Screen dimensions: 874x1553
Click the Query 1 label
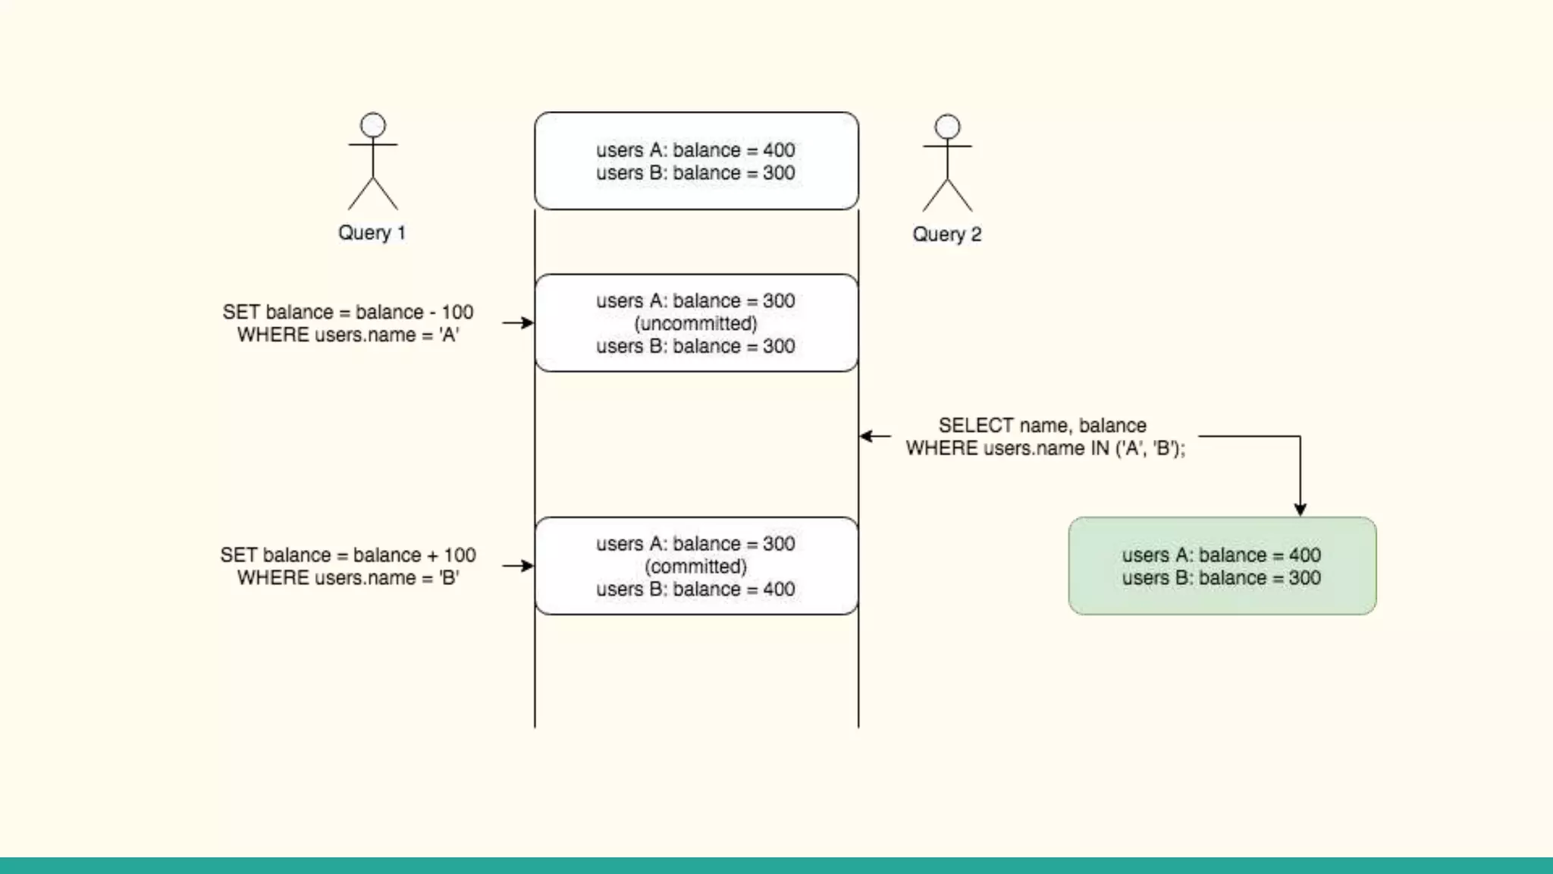pos(372,233)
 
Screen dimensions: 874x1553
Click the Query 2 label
pos(946,234)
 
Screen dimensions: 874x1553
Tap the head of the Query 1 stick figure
pos(372,125)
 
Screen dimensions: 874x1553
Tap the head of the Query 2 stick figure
pos(947,127)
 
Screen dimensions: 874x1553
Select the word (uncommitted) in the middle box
pos(695,324)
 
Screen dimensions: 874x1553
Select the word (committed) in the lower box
pos(695,567)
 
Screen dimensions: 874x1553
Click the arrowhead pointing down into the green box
pos(1300,510)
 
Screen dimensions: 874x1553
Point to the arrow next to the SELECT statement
pos(875,436)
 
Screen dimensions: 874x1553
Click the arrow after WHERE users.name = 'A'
pos(518,323)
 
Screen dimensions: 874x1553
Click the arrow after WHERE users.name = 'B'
pos(518,566)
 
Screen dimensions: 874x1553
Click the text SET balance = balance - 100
pos(348,313)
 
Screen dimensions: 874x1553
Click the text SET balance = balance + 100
pos(348,555)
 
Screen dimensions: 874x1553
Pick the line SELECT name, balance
pos(1042,426)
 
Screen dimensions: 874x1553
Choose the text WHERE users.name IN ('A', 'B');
pos(1045,448)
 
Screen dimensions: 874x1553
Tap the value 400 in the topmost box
pos(779,150)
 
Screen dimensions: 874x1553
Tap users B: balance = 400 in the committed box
pos(695,589)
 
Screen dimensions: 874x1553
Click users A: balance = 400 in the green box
pos(1221,555)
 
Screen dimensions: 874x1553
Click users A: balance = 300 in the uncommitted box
pos(695,301)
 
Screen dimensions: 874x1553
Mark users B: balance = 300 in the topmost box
pos(695,173)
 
